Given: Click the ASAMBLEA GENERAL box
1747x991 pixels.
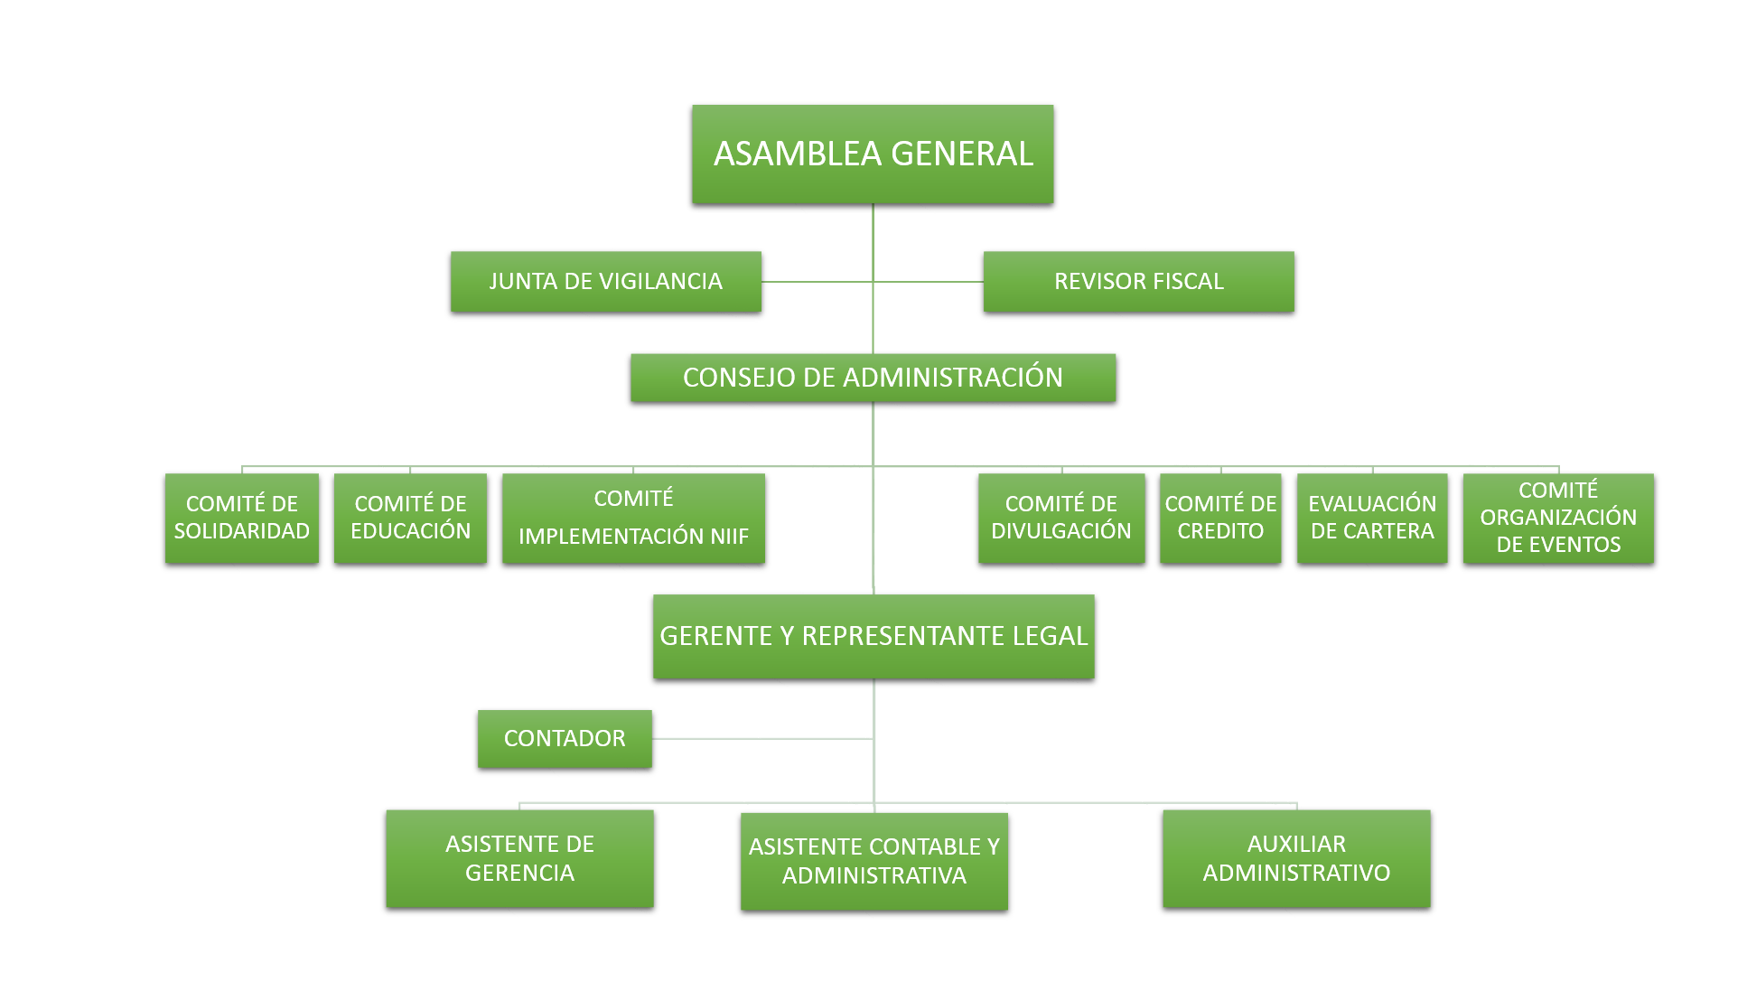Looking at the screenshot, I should tap(873, 154).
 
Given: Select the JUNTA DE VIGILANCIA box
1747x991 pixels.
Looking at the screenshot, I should tap(605, 281).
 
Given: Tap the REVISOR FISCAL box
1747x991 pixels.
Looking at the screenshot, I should tap(1138, 281).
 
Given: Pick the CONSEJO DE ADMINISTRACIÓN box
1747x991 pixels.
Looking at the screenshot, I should tap(873, 377).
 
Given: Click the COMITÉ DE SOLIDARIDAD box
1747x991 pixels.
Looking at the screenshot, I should tap(241, 518).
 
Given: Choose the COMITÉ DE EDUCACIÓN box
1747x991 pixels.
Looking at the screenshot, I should tap(410, 518).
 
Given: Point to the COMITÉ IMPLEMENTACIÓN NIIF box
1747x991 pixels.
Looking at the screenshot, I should tap(633, 518).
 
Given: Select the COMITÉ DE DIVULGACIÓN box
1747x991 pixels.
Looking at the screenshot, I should tap(1060, 518).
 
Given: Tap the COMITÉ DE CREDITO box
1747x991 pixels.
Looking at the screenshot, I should tap(1220, 518).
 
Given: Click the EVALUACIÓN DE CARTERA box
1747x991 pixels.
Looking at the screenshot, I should tap(1372, 518).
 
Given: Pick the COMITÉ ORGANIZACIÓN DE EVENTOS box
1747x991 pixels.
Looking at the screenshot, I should tap(1558, 518).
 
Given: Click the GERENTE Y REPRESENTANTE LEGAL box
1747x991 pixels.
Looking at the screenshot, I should tap(873, 636).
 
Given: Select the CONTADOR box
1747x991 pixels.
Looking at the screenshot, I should tap(565, 738).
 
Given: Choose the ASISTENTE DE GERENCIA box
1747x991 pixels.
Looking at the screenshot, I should tap(519, 858).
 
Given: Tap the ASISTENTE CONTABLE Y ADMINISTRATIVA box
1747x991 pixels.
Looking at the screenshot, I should tap(873, 861).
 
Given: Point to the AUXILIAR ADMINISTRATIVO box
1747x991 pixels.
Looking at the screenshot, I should tap(1296, 858).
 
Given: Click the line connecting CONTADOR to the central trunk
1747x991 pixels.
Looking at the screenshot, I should tap(763, 738).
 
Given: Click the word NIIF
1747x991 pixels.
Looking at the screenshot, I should tap(729, 537).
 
